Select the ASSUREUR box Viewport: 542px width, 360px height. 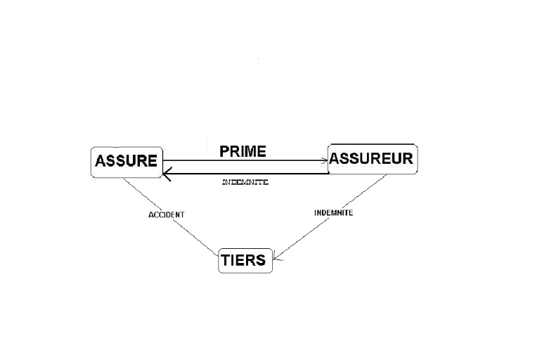(371, 158)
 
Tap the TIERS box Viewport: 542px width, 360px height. (244, 260)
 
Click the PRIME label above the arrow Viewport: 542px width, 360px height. (243, 150)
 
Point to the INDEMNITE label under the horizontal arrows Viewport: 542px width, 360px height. (245, 182)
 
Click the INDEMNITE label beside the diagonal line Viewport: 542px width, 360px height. (333, 212)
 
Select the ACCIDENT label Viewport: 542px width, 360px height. (166, 214)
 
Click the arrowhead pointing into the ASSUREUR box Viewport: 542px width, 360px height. (325, 161)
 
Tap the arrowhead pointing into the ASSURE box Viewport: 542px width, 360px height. (166, 173)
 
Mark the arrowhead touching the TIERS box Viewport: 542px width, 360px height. (276, 259)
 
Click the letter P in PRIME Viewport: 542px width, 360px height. (224, 150)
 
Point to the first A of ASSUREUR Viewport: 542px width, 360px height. (335, 158)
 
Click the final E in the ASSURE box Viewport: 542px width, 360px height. (152, 161)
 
